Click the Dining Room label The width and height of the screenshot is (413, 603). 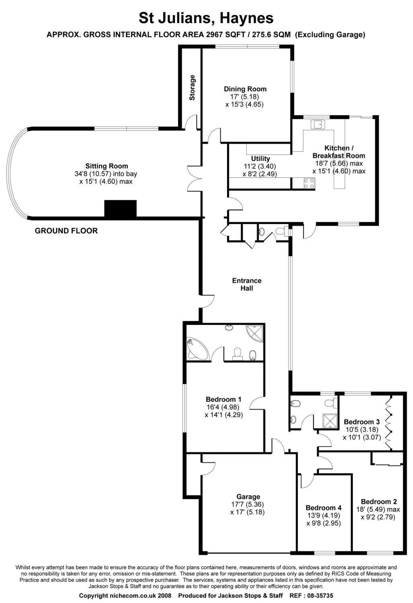245,89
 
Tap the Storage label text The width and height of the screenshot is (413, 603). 192,87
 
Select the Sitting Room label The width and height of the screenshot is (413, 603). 107,166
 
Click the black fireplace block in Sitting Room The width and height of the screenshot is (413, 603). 120,208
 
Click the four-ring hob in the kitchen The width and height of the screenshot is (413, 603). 309,183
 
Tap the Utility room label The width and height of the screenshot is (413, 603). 261,159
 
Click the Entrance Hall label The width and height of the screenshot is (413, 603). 247,284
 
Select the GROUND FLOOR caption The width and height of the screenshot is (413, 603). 66,231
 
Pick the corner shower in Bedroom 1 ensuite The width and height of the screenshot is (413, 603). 255,333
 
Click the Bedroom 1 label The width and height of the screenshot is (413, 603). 224,399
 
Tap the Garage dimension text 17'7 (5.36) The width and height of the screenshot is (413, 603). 248,504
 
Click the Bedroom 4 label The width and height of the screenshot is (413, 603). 324,508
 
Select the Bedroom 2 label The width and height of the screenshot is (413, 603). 379,502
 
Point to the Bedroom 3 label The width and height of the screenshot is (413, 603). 361,422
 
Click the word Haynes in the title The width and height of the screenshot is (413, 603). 247,18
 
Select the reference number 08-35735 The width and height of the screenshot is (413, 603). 320,595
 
